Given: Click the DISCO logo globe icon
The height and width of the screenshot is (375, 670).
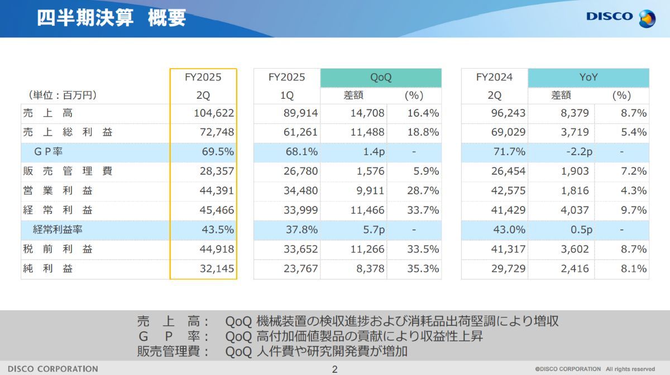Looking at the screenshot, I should tap(647, 18).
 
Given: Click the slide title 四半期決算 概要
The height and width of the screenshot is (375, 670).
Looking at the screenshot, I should tap(111, 18).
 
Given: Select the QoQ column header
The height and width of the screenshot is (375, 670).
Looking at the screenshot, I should tap(381, 78).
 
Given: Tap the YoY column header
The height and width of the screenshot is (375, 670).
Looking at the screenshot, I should tap(588, 78).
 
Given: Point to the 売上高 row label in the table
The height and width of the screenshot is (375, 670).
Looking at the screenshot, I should tap(48, 113).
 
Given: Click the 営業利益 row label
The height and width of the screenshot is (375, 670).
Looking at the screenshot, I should tap(58, 190).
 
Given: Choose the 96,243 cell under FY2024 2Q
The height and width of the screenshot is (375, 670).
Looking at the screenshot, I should tap(508, 113).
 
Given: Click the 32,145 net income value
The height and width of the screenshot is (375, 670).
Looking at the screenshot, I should tap(217, 268).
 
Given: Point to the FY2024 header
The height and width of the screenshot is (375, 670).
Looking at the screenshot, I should tap(494, 78).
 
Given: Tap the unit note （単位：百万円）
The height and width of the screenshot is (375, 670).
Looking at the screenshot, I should tap(62, 95).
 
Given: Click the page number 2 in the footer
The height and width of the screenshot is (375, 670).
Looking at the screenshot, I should tap(335, 369).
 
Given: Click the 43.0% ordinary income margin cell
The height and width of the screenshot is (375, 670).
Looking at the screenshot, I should tap(509, 229).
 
